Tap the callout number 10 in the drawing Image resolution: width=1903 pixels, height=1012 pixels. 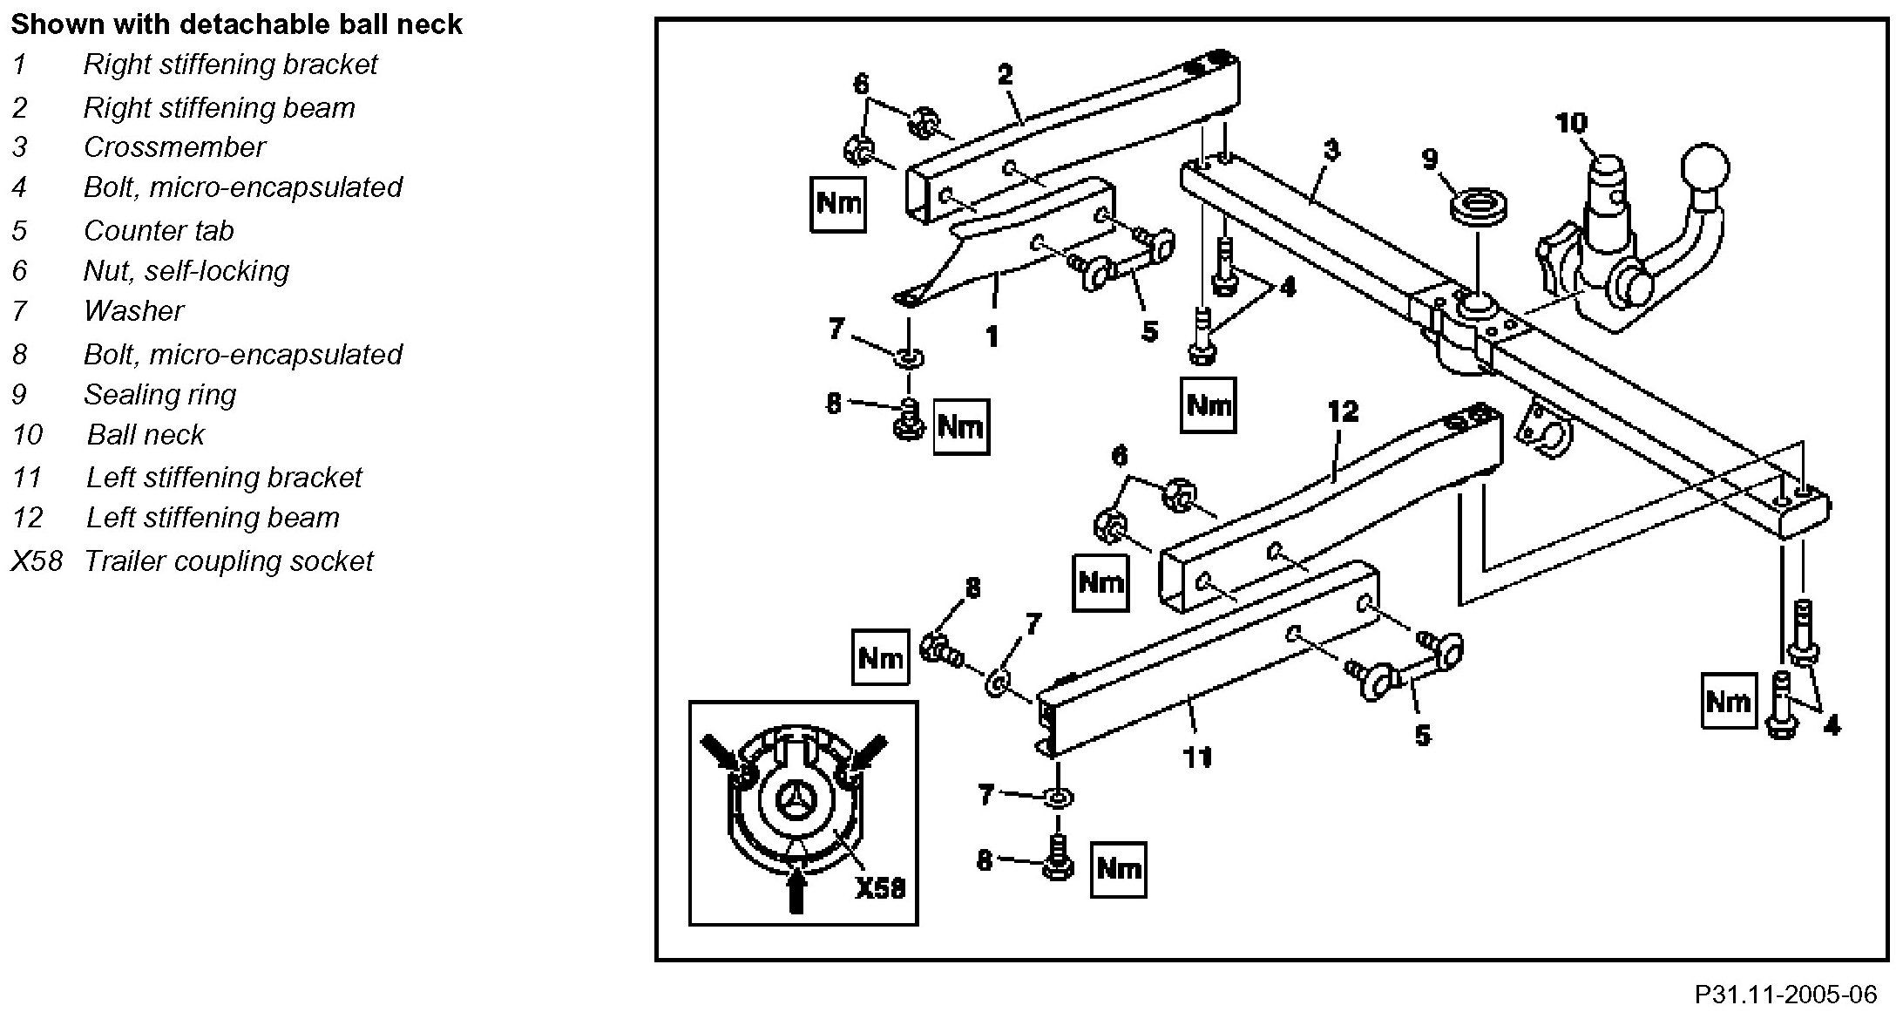click(1571, 124)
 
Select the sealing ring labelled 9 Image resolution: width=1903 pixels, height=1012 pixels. click(1479, 212)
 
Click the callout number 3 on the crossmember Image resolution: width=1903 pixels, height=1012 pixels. click(1331, 151)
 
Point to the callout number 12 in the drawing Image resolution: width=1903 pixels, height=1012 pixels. click(1343, 411)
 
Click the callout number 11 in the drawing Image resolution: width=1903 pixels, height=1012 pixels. click(1198, 757)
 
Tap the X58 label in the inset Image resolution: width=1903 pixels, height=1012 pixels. click(880, 887)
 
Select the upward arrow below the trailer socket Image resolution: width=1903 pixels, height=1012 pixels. click(795, 889)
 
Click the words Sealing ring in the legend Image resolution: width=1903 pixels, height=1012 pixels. click(159, 395)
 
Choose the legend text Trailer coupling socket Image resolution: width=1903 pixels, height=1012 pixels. click(228, 560)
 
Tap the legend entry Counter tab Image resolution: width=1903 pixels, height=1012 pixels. click(159, 230)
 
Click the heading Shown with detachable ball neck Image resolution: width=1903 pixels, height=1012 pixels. click(236, 24)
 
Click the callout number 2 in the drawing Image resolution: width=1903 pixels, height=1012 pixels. click(1006, 74)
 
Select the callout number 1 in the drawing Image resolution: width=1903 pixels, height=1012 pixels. click(992, 336)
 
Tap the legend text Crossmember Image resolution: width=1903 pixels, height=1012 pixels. click(173, 147)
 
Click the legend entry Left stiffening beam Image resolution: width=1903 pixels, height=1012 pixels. click(213, 518)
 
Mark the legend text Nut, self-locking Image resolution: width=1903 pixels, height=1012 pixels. click(186, 271)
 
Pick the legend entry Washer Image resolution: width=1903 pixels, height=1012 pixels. click(134, 311)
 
